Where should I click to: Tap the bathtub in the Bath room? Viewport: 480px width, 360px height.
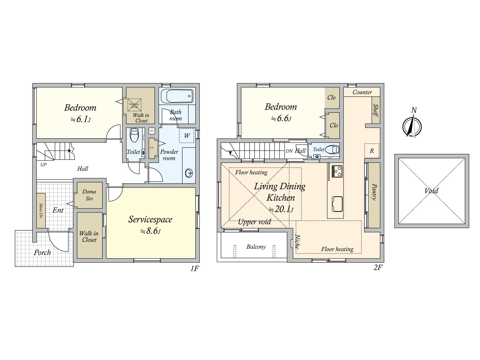click(177, 96)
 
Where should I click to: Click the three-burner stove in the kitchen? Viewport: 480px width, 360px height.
click(337, 171)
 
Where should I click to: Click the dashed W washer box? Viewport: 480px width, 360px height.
click(187, 136)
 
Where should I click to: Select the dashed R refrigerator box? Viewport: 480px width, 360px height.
click(372, 151)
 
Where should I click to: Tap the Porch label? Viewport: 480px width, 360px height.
click(42, 253)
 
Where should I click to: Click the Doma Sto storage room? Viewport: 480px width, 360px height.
click(89, 195)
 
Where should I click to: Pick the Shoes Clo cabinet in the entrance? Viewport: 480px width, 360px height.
click(41, 210)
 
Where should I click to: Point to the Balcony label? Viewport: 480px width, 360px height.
click(256, 247)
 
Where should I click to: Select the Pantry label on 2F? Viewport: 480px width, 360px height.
click(374, 192)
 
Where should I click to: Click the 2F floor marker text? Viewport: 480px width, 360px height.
click(378, 268)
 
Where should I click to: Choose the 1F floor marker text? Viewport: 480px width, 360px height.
click(194, 268)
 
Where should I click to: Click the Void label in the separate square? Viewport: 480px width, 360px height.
click(431, 191)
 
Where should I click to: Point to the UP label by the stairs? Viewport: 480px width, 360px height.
click(43, 165)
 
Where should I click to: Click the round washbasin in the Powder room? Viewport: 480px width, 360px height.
click(189, 173)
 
